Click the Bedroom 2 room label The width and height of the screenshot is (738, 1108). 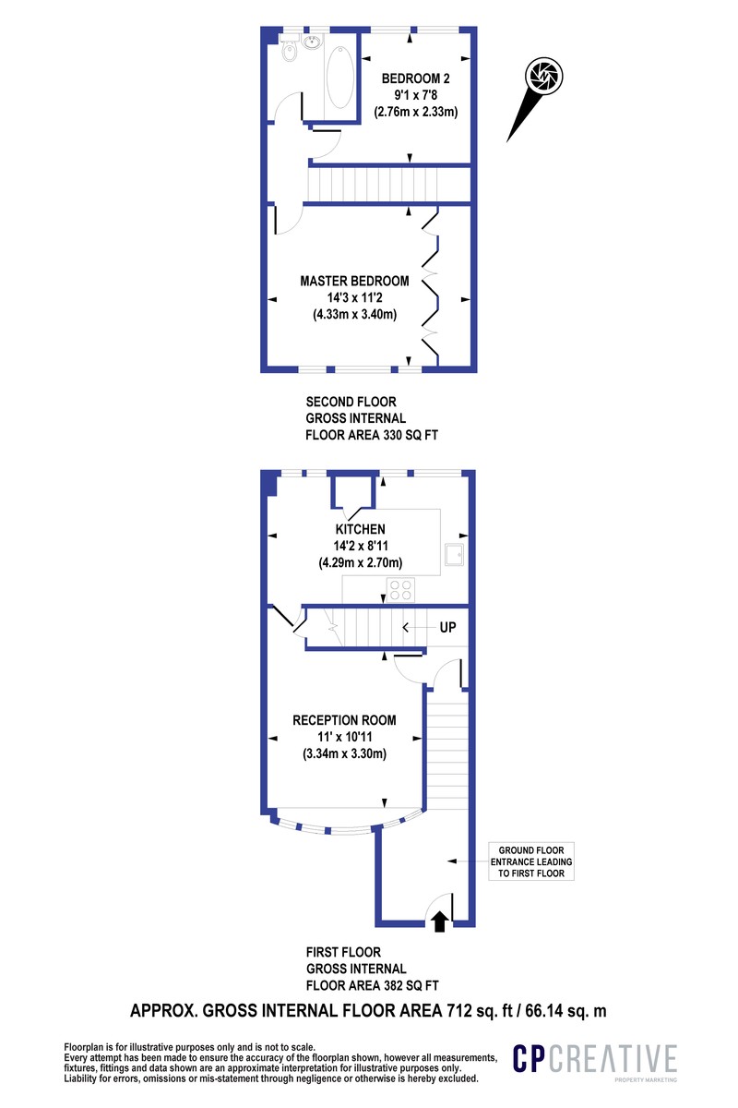(415, 78)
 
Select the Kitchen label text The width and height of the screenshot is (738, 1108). (360, 530)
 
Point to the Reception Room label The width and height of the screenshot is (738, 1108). (344, 720)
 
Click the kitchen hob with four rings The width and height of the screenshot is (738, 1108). (400, 589)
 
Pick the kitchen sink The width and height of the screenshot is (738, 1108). (454, 554)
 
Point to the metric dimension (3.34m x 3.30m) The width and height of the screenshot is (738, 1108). (344, 753)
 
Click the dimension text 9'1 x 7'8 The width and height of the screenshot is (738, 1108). (415, 95)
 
